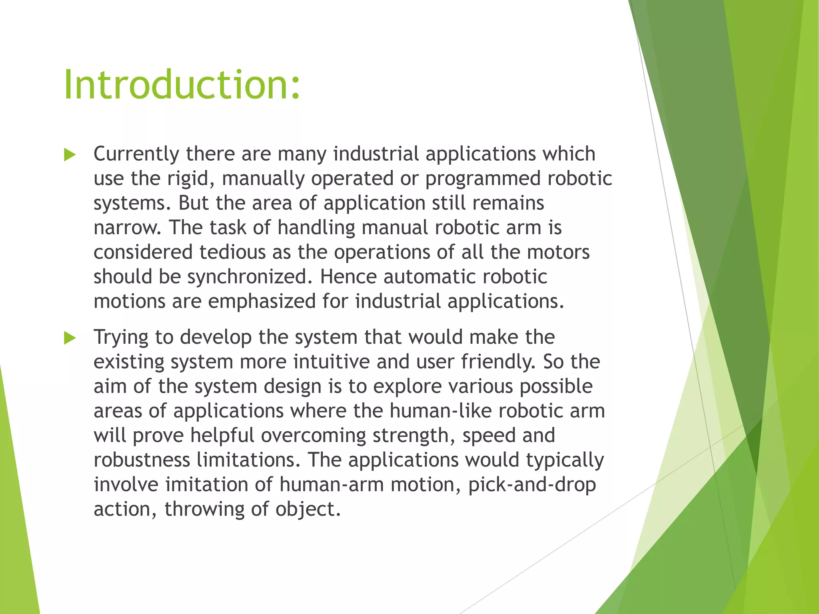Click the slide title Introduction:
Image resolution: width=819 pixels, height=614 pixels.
point(182,85)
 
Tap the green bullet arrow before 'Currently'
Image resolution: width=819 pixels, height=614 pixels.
point(70,155)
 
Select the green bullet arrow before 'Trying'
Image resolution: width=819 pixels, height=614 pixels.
point(70,338)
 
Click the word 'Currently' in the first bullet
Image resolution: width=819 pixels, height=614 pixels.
point(136,154)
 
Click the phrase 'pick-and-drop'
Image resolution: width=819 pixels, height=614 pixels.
point(532,485)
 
